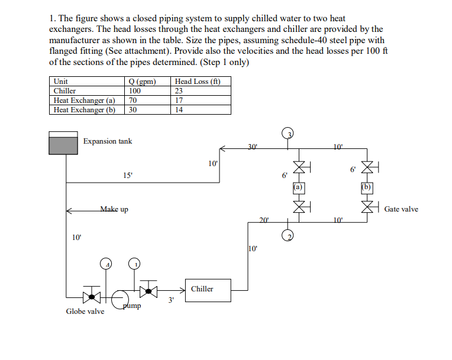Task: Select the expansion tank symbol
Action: point(63,142)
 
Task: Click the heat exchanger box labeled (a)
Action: point(299,187)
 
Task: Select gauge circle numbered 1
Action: point(135,264)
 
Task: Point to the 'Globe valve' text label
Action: point(85,312)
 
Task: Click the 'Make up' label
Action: point(114,209)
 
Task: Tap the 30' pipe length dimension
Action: point(253,145)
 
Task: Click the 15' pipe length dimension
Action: point(128,175)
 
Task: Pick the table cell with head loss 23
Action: point(179,91)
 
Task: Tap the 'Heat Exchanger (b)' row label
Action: point(85,109)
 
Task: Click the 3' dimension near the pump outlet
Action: point(171,301)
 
